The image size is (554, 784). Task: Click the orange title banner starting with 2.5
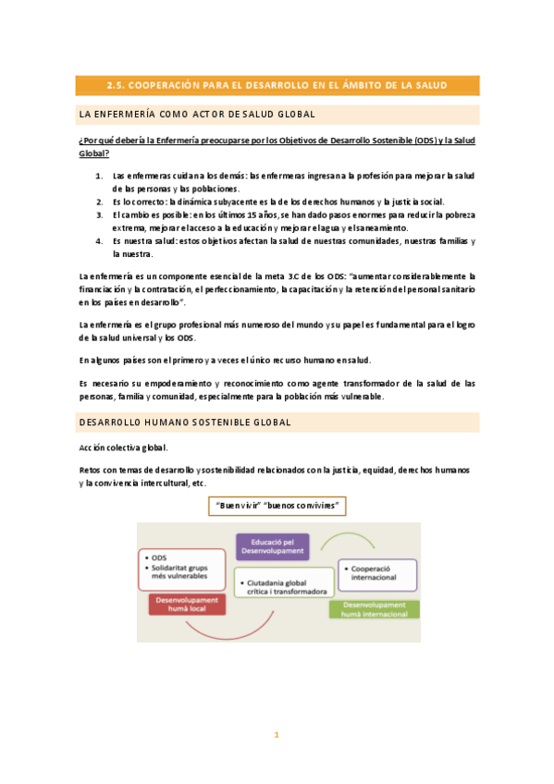coord(277,85)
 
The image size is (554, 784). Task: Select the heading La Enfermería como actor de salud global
coord(198,115)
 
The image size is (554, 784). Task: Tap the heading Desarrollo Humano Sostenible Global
coord(186,423)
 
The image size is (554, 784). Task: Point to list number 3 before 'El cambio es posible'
coord(99,214)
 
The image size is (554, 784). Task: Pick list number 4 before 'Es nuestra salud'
coord(99,241)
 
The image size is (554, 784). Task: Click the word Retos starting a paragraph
coord(92,470)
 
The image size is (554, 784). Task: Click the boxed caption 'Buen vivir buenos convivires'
coord(277,506)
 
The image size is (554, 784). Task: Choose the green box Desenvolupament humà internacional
coord(375,609)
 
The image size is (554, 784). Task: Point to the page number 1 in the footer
coord(276,735)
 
